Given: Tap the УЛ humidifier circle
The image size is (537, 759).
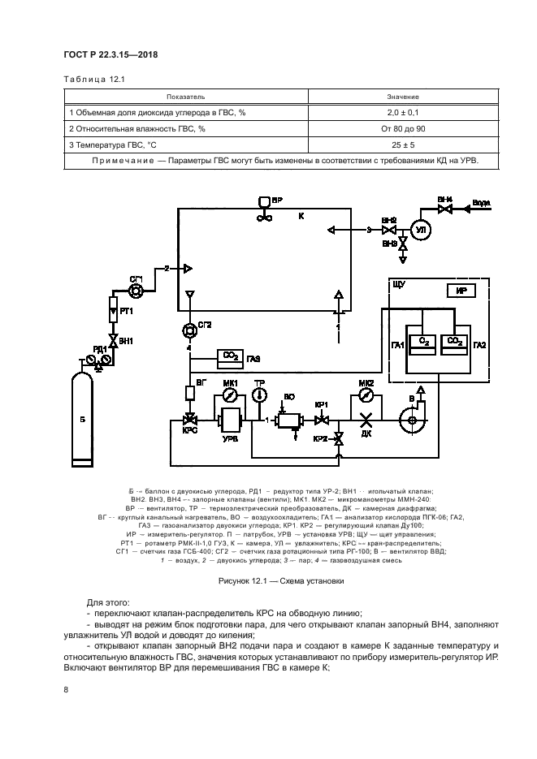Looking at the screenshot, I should pyautogui.click(x=421, y=230).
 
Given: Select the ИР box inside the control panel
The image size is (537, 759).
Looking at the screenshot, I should pyautogui.click(x=459, y=291).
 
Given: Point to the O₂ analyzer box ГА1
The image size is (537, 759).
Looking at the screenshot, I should pyautogui.click(x=422, y=343).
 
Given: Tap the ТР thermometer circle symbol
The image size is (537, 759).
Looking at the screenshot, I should pyautogui.click(x=260, y=395).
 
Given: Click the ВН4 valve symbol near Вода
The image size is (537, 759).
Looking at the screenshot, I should pyautogui.click(x=444, y=209).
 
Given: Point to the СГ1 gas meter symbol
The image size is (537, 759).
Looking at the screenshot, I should pyautogui.click(x=136, y=291).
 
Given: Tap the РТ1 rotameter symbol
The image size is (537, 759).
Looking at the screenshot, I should pyautogui.click(x=114, y=309).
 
